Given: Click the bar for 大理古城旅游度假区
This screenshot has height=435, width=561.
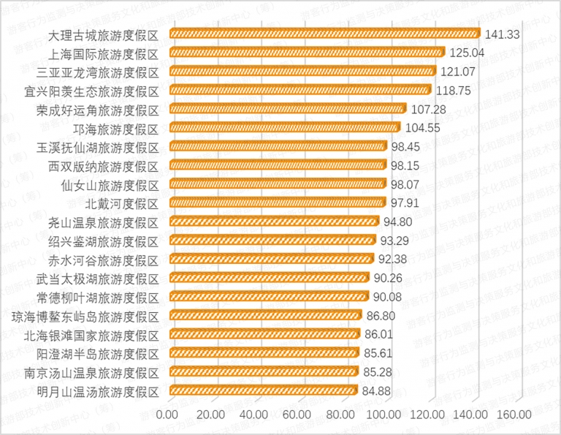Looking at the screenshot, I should point(324,34).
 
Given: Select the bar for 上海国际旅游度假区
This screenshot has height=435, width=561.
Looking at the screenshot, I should point(307,53).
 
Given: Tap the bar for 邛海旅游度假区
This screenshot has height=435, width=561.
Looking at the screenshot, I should point(284,127).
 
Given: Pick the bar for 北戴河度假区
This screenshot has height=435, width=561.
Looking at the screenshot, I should point(277,203).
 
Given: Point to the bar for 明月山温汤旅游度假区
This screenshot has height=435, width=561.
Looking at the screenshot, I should point(262,390).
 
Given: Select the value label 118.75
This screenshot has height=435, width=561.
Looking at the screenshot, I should point(454,90).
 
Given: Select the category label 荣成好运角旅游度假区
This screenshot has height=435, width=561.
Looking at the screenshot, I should point(98,109).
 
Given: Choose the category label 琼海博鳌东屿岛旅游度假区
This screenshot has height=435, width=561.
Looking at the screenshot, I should point(85,315).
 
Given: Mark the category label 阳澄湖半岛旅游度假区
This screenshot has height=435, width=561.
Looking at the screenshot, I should point(98,353).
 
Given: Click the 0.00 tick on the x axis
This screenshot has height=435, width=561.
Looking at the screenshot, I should point(168,415).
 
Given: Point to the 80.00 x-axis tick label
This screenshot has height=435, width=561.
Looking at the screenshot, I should point(341,415).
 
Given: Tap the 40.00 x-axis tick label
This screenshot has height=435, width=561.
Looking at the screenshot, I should point(254,415).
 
